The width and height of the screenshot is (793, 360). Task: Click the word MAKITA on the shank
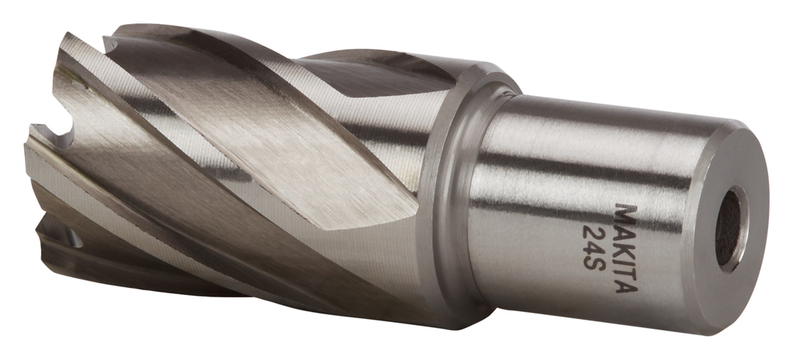tap(626, 247)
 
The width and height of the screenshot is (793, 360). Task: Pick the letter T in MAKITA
tap(627, 264)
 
